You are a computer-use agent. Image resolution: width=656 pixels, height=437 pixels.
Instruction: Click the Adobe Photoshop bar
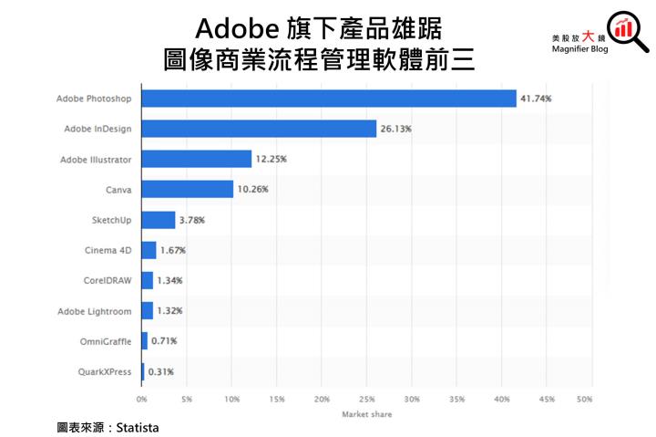point(328,99)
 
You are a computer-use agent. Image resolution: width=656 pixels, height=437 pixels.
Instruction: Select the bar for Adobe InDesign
point(259,129)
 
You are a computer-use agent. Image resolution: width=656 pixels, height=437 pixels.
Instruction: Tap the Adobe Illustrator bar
point(196,159)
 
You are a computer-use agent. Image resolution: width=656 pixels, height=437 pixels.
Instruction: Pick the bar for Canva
point(187,190)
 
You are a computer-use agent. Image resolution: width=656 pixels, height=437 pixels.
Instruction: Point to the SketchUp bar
point(158,220)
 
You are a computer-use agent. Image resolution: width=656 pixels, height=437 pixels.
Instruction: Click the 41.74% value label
point(536,99)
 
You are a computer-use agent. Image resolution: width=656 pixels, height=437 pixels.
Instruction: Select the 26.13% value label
point(395,129)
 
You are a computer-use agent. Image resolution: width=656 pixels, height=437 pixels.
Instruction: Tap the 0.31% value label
point(160,371)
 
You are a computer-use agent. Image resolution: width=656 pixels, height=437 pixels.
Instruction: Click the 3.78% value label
point(192,220)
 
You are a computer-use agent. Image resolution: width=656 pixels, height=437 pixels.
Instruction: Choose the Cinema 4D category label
point(107,250)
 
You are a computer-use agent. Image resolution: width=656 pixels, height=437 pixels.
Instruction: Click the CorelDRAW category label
point(106,280)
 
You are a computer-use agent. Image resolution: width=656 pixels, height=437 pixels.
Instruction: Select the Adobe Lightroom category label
point(95,311)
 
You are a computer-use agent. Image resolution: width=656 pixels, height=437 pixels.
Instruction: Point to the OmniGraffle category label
point(105,341)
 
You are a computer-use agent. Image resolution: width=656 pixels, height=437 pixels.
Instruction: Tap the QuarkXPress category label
point(105,371)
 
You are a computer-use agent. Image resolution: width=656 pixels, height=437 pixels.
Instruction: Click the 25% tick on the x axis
point(367,399)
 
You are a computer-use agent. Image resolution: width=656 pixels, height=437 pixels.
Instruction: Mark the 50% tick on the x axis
point(585,399)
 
